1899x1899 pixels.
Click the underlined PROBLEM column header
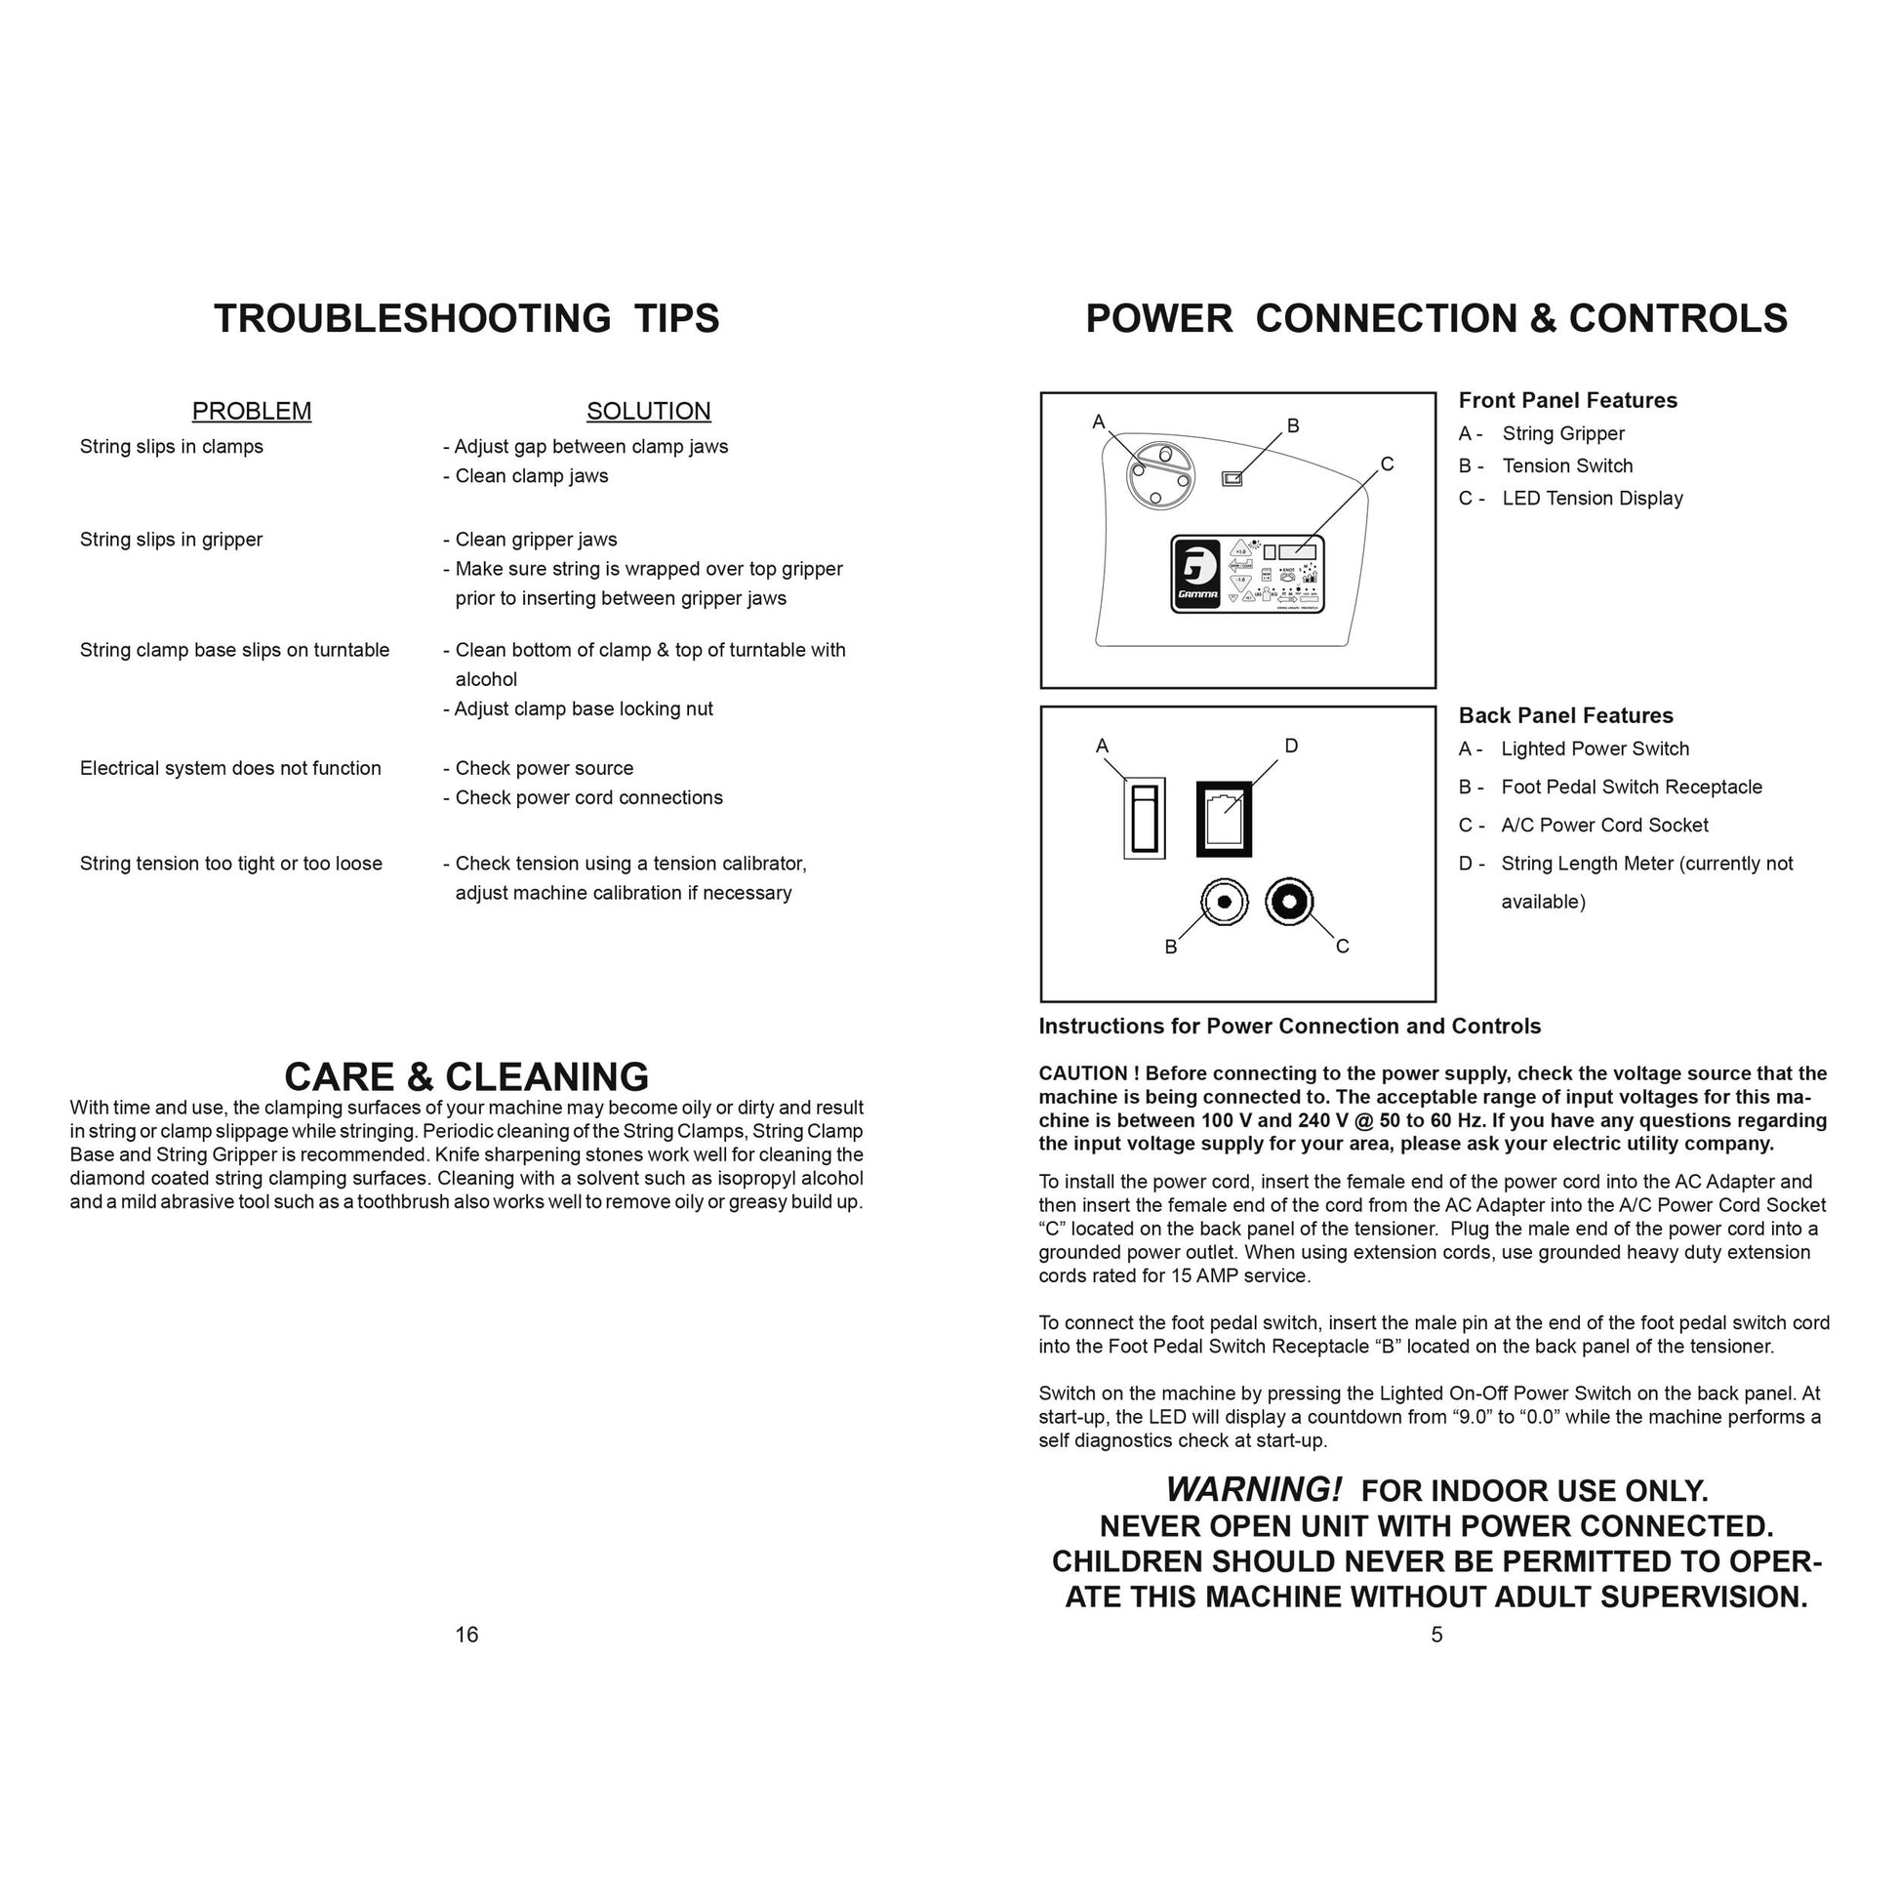(x=252, y=411)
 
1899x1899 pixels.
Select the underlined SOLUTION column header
(x=648, y=411)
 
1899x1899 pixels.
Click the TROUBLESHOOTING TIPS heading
(x=466, y=318)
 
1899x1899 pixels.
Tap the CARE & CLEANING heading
(x=466, y=1076)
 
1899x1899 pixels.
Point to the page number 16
(x=466, y=1635)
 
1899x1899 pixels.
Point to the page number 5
(x=1436, y=1635)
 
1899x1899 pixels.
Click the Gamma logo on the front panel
(x=1197, y=575)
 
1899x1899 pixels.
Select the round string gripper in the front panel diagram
(x=1160, y=477)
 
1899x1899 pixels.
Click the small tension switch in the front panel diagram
(x=1232, y=479)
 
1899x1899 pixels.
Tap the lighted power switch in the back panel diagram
(x=1144, y=818)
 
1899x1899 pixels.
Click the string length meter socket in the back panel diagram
(x=1224, y=818)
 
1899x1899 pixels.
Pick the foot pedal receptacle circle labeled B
(x=1224, y=902)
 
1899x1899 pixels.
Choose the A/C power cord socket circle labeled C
(x=1288, y=902)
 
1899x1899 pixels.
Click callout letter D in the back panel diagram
(x=1292, y=746)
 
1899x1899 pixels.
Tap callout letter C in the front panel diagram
(x=1387, y=464)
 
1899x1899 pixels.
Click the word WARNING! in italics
(x=1253, y=1489)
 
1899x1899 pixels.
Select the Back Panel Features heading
(x=1565, y=715)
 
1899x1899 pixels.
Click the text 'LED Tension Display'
(x=1593, y=499)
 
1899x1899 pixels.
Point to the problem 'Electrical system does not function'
(x=230, y=768)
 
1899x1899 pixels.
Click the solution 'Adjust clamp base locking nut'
(x=583, y=708)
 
